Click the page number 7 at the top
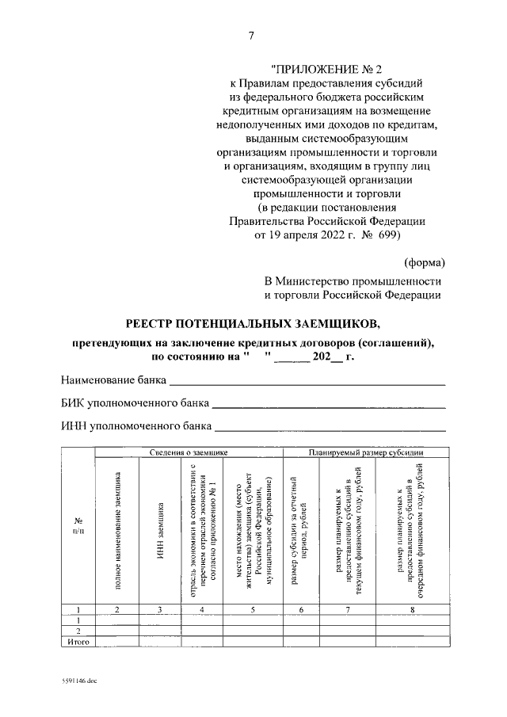253,36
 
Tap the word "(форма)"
424,262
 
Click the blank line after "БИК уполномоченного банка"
329,404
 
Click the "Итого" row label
78,642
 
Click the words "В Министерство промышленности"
353,281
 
